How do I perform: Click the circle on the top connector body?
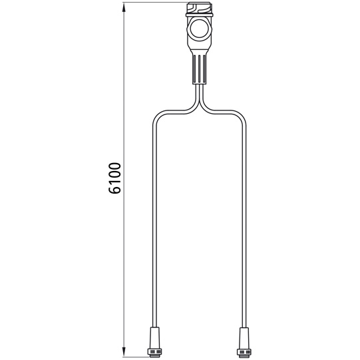(199, 29)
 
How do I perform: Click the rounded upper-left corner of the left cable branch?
(157, 114)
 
